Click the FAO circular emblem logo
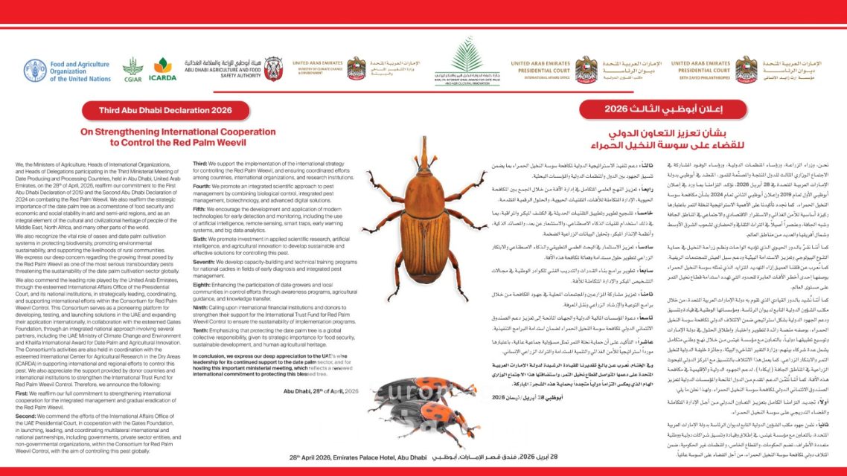tap(34, 71)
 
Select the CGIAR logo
tap(132, 71)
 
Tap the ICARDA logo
tap(162, 71)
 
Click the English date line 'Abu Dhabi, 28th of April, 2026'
tap(321, 391)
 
